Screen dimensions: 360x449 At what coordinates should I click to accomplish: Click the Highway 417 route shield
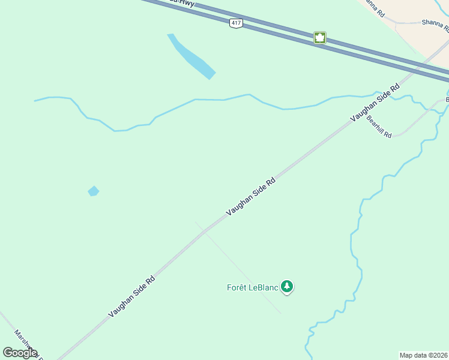point(235,23)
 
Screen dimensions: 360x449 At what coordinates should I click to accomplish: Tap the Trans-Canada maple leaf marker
point(320,38)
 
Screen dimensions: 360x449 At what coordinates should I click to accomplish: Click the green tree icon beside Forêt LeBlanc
point(288,287)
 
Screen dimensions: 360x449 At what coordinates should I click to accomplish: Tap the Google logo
point(19,353)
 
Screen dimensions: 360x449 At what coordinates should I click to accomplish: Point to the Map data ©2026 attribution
point(424,355)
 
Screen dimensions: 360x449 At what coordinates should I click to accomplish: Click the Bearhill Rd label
point(379,127)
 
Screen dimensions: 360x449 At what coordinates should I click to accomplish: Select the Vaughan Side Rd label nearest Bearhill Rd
point(375,103)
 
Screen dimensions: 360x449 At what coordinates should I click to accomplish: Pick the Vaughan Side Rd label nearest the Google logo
point(131,296)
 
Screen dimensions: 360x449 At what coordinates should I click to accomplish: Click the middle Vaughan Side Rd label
point(250,196)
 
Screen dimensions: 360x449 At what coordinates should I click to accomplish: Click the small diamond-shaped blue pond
point(93,191)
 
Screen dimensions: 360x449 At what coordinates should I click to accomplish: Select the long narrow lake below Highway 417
point(191,56)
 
